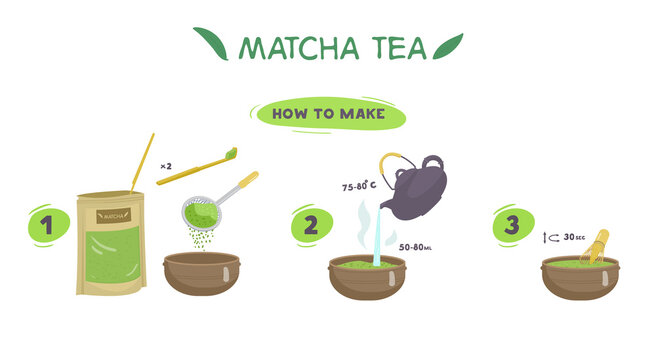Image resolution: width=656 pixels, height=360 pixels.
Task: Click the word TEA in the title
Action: point(393,47)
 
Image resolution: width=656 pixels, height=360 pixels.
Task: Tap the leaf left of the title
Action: point(211,43)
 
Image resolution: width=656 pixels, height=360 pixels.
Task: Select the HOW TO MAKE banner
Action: point(330,113)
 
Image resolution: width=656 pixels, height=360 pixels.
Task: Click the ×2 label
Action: point(166,164)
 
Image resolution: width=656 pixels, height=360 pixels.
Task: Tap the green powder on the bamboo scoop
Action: point(232,153)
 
